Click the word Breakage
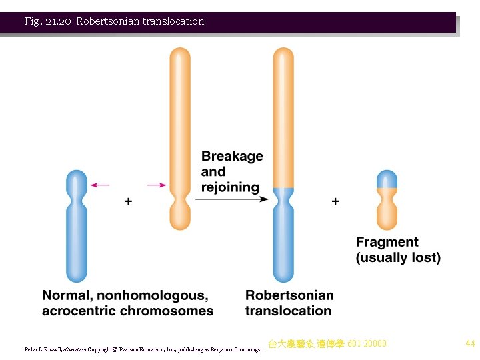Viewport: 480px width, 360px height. [x=232, y=156]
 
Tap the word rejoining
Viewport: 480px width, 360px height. [x=230, y=187]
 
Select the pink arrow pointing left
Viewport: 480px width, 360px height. [x=100, y=185]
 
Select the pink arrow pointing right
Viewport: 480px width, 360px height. [x=157, y=185]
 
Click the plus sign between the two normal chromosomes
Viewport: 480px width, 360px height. [x=128, y=200]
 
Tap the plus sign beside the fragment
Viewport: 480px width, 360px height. [x=335, y=200]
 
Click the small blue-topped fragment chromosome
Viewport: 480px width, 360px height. [x=387, y=200]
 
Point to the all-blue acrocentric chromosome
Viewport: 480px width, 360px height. [x=77, y=227]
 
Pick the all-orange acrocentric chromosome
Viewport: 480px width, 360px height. [x=180, y=133]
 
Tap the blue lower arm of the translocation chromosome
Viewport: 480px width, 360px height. [x=283, y=240]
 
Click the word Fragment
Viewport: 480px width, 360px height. [x=387, y=242]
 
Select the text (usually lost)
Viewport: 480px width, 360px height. [x=398, y=257]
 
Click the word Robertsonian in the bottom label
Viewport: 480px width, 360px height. [x=289, y=295]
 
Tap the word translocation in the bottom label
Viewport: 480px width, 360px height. [x=288, y=311]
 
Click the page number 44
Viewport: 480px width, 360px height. [x=470, y=344]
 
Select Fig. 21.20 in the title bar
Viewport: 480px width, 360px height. [x=47, y=21]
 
